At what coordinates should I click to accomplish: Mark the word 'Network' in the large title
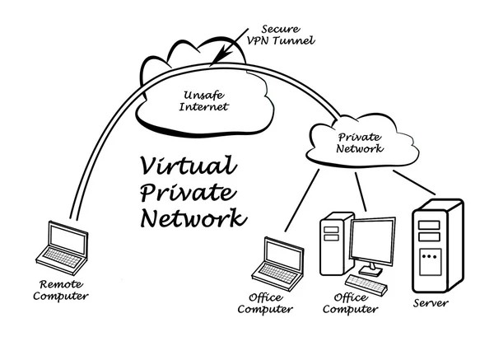coord(191,218)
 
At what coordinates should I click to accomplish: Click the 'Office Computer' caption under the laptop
coord(265,304)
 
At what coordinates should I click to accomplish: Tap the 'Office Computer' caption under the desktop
coord(350,304)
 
